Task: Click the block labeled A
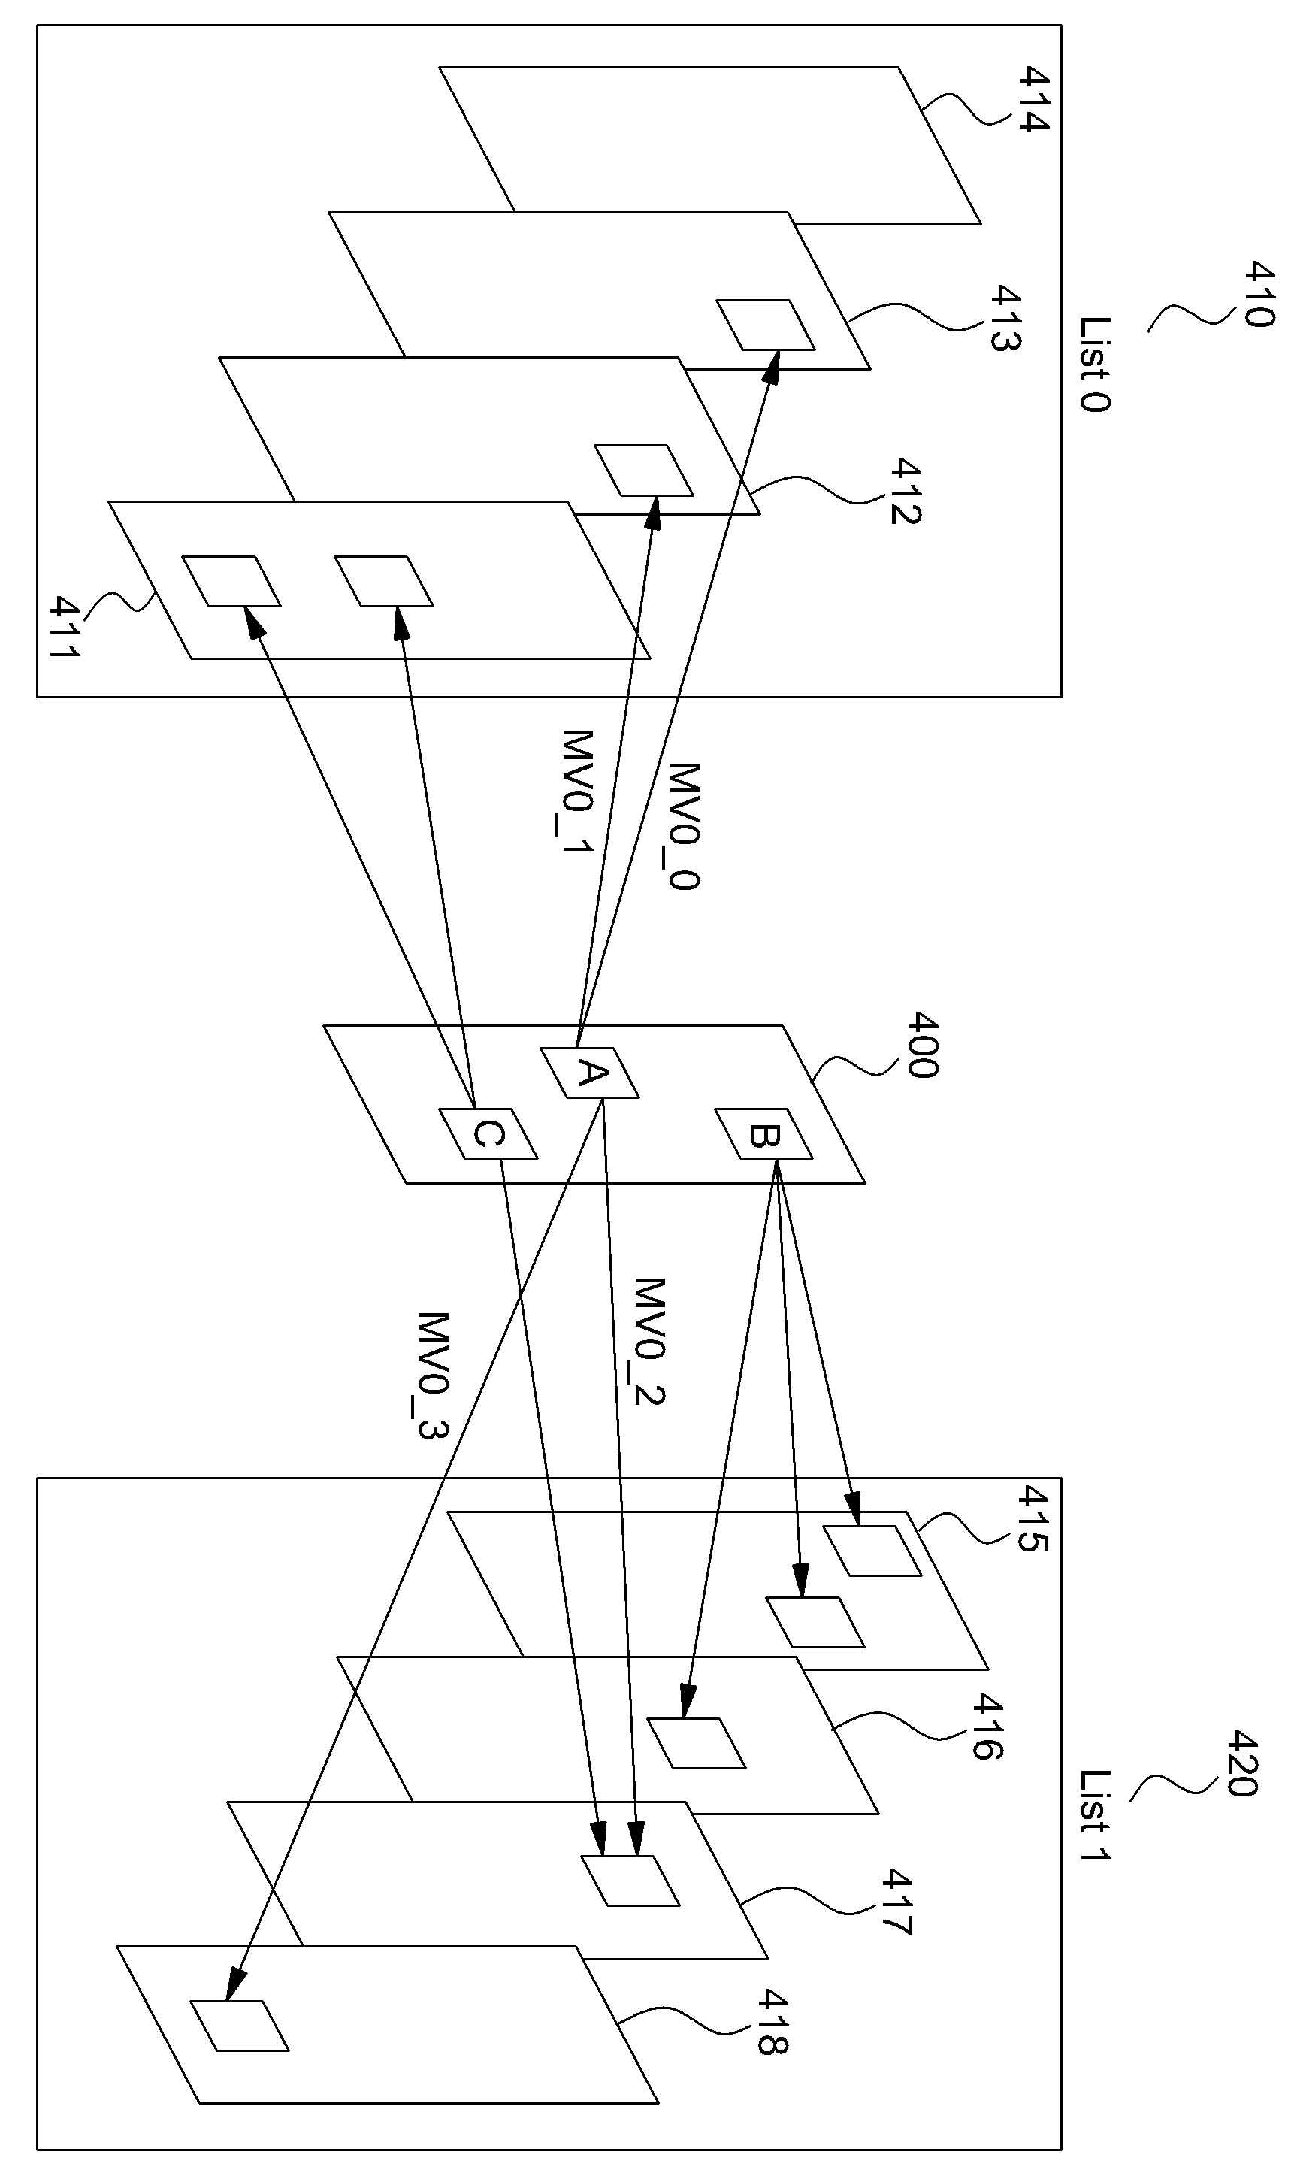coord(590,1072)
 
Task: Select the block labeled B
coord(763,1133)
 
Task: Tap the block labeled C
coord(488,1133)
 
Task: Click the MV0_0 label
coord(684,827)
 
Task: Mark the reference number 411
coord(66,626)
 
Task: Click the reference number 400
coord(922,1045)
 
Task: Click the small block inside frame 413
coord(766,325)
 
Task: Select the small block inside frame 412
coord(644,471)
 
